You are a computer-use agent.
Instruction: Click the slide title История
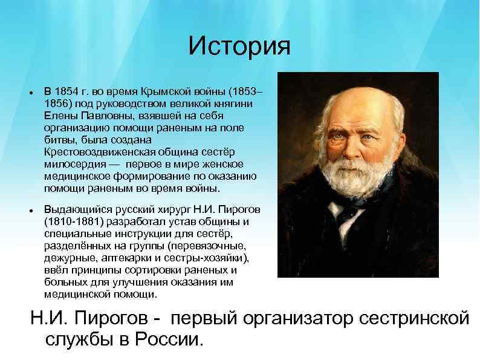click(x=239, y=47)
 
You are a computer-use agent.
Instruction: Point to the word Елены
click(x=60, y=114)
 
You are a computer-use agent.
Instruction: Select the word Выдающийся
click(x=74, y=209)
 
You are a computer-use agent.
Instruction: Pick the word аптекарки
click(x=118, y=258)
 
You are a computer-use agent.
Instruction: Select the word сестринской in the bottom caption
click(x=412, y=318)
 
